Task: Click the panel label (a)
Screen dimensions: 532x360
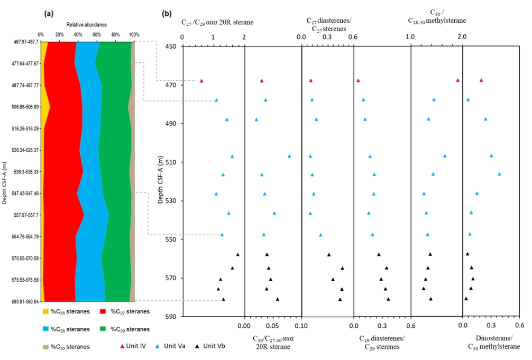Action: point(49,14)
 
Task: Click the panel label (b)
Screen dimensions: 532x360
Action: point(167,14)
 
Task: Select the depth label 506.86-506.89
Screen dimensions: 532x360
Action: point(25,107)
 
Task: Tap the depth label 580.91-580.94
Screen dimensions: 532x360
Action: point(25,301)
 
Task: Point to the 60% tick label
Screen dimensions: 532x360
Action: point(97,34)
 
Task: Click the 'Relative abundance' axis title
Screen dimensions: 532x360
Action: point(87,25)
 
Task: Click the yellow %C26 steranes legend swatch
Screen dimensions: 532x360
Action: point(45,311)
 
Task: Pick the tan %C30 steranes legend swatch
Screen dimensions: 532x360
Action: point(45,347)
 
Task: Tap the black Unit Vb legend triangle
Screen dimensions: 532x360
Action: point(197,346)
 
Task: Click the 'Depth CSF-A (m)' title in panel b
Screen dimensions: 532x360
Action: point(160,180)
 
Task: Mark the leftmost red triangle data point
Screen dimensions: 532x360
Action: point(201,81)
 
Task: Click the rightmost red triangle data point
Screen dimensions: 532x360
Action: point(481,80)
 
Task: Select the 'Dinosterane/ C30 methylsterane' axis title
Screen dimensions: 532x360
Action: point(494,343)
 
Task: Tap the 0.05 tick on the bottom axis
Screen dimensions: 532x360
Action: point(272,326)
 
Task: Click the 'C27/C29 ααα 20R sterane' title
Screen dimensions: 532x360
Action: point(217,23)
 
